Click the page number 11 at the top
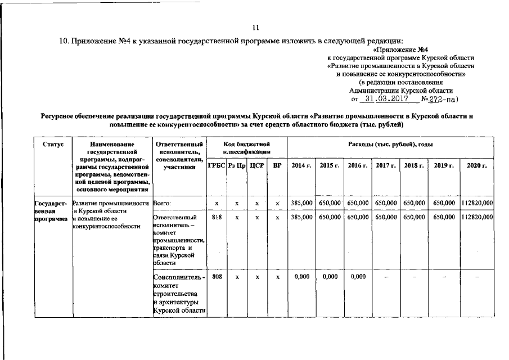tap(255, 27)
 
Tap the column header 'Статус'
tap(53, 145)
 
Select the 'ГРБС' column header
tap(216, 166)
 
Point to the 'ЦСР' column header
tap(256, 166)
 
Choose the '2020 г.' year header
tap(476, 166)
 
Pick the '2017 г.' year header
tap(385, 166)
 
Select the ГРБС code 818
tap(216, 217)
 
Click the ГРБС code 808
tap(216, 277)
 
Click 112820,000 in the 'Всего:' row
tap(476, 202)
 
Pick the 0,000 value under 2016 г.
tap(357, 277)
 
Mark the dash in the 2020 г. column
tap(476, 277)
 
